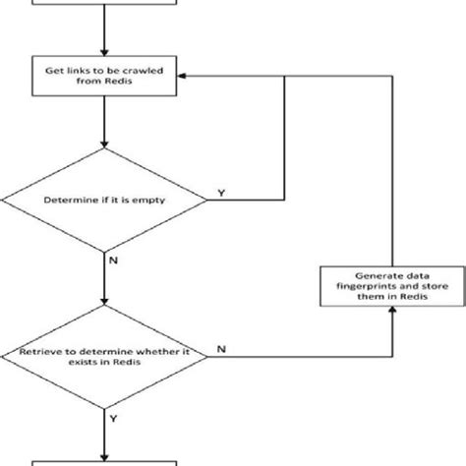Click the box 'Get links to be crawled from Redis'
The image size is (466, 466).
coord(103,78)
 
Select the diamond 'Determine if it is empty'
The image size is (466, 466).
coord(103,201)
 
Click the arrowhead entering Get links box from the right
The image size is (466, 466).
coord(184,78)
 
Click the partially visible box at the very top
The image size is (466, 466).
coord(103,7)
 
